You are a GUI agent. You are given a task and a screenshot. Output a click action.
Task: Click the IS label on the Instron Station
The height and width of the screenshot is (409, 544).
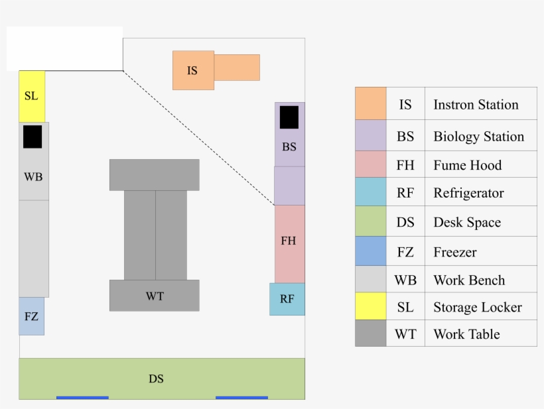coord(192,70)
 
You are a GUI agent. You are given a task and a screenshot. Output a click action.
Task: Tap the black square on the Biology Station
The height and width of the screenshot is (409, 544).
coord(289,117)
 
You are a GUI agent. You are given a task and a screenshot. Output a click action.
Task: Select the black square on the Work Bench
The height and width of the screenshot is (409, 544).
coord(33,137)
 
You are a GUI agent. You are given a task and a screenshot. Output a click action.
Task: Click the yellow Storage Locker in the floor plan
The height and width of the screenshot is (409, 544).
coord(32,96)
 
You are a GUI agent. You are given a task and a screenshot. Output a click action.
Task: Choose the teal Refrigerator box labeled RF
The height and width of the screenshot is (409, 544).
coord(287,299)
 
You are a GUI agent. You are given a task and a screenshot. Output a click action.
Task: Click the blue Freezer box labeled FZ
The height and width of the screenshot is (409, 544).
coord(31,316)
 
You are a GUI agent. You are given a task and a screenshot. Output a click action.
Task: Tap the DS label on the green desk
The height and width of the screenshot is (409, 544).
coord(156,379)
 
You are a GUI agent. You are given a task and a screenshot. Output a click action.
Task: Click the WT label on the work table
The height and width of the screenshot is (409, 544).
coord(155,296)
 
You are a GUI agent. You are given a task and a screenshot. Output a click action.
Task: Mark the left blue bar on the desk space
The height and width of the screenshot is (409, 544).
coord(82,398)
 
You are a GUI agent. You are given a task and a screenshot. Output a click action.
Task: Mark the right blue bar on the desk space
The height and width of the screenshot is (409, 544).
coord(241,398)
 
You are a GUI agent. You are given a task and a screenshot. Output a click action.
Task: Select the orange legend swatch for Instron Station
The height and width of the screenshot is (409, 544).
coord(370,103)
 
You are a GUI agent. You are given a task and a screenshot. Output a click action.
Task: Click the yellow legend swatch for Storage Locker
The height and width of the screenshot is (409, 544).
coord(370,306)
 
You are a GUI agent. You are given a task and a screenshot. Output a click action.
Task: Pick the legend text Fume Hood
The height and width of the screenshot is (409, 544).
coord(467,165)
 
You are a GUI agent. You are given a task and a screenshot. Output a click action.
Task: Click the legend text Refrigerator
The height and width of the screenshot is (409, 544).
coord(468,193)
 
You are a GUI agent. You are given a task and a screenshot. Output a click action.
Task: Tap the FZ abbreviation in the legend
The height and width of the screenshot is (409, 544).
coord(405,252)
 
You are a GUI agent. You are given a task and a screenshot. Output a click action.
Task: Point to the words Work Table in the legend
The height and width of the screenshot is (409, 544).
coord(466,334)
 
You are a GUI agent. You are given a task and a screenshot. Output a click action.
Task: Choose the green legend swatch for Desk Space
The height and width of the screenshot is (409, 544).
coord(370,222)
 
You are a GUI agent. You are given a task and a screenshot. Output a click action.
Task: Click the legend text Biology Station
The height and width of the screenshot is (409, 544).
coord(478,137)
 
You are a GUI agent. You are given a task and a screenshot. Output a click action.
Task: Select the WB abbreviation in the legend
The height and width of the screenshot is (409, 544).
coord(405,280)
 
